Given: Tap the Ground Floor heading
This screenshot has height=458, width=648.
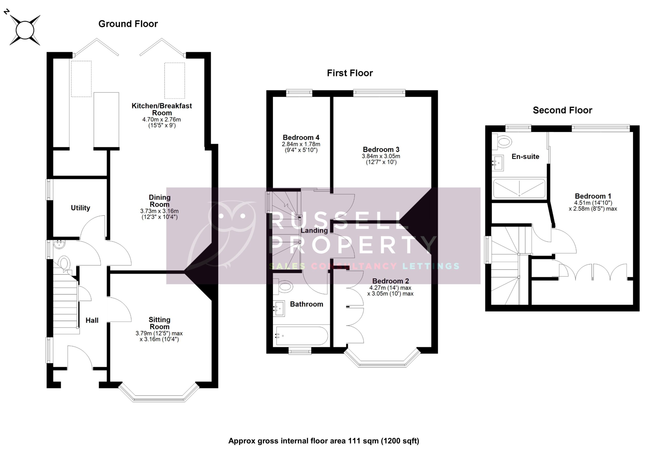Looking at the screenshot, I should click(x=128, y=24).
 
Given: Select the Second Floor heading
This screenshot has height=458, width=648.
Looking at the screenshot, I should click(x=562, y=110).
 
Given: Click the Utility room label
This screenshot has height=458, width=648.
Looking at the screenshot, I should click(x=80, y=208).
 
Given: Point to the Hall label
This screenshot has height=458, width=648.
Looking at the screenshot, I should click(x=92, y=320).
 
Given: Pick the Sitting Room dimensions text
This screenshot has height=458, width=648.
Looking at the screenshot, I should click(x=159, y=336).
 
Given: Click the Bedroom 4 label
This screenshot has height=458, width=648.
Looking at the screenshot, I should click(x=301, y=137).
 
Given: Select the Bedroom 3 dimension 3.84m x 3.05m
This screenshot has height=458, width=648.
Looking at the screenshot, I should click(x=381, y=156).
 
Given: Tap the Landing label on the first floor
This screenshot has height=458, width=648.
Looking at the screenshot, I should click(x=314, y=231).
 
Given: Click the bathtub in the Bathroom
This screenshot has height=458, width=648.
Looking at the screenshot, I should click(x=302, y=336).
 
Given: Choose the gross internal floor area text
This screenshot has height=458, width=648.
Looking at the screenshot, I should click(x=324, y=441).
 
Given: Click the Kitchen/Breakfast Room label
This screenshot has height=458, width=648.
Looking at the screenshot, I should click(x=162, y=109).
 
